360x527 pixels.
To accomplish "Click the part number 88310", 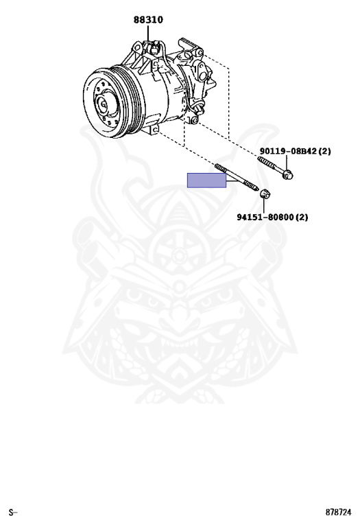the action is pyautogui.click(x=148, y=20).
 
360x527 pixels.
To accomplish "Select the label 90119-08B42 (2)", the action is pyautogui.click(x=295, y=151).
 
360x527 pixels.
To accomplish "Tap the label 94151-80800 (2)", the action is pyautogui.click(x=272, y=217).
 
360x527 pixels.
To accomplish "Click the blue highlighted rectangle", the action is pyautogui.click(x=206, y=180).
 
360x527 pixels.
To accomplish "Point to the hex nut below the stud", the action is pyautogui.click(x=265, y=194).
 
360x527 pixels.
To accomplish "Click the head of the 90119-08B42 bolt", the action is pyautogui.click(x=287, y=175).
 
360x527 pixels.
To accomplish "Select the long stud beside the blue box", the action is pyautogui.click(x=237, y=178).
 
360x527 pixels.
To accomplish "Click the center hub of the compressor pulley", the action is pyautogui.click(x=105, y=104).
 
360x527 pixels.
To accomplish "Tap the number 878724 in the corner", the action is pyautogui.click(x=338, y=512).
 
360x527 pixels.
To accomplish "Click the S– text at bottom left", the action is pyautogui.click(x=13, y=513).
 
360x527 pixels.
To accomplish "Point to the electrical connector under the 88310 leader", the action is pyautogui.click(x=153, y=48).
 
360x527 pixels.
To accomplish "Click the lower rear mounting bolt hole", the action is pyautogui.click(x=193, y=120).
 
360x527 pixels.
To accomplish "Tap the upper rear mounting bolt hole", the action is pyautogui.click(x=200, y=52).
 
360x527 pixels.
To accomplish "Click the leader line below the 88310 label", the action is pyautogui.click(x=148, y=33).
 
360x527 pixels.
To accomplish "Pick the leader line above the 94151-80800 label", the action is pyautogui.click(x=264, y=205).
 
